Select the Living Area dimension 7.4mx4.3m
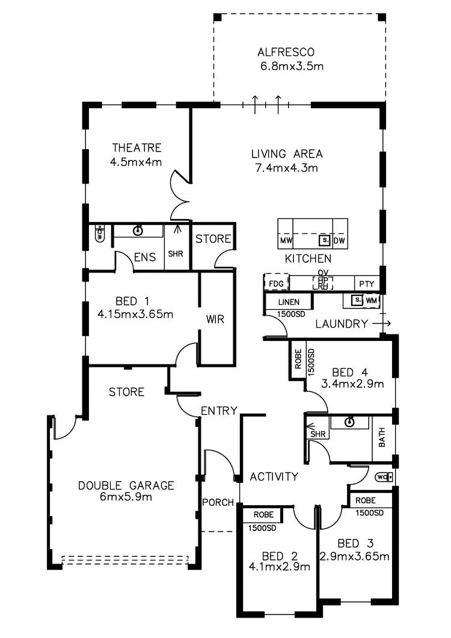pos(286,168)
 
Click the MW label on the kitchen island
pos(286,241)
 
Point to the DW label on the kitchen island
pos(339,241)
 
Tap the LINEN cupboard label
pos(289,302)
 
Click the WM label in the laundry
pos(371,299)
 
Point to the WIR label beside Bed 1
pos(215,319)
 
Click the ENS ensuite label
pos(145,257)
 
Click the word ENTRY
pos(219,411)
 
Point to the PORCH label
pos(218,502)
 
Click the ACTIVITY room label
pos(274,477)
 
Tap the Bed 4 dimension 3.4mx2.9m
pos(352,384)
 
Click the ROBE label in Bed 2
pos(264,515)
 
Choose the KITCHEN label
pos(308,259)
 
